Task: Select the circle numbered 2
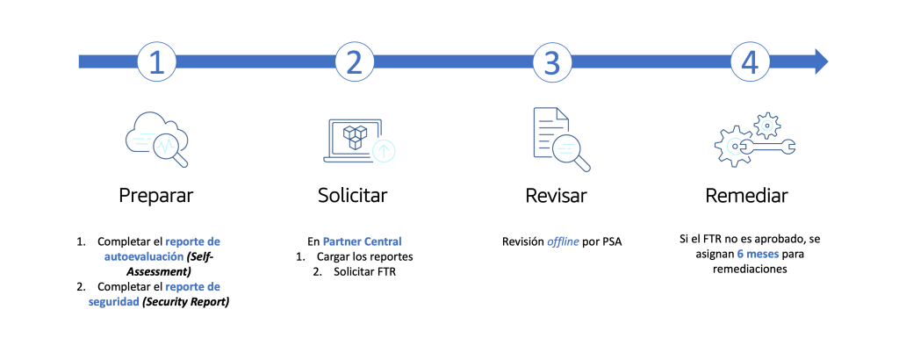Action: (x=354, y=61)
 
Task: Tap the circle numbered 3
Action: (x=551, y=61)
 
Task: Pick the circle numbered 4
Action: (x=748, y=61)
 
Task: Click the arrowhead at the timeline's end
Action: (x=818, y=61)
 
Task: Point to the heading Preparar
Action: (x=156, y=195)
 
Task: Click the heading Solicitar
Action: (x=354, y=195)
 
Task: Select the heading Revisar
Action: (x=551, y=195)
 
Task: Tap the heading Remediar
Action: (x=747, y=195)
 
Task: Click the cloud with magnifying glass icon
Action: (x=158, y=138)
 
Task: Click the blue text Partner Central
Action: (x=363, y=241)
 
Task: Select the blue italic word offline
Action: (x=564, y=241)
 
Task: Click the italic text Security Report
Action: (x=191, y=302)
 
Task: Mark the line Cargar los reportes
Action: (x=363, y=256)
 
